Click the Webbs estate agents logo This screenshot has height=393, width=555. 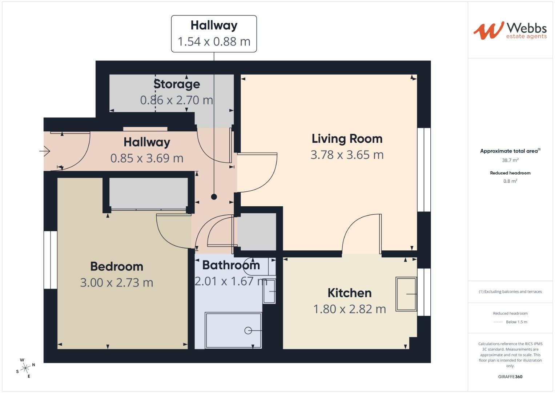[x=510, y=31]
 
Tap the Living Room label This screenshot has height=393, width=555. [x=347, y=139]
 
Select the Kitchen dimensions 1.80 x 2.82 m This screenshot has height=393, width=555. [x=349, y=309]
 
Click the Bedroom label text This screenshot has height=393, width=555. [x=117, y=266]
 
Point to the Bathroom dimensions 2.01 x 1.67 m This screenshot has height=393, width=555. [x=231, y=281]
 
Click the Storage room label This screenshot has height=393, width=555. [x=177, y=84]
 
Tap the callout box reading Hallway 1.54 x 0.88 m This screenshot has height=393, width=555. [x=214, y=34]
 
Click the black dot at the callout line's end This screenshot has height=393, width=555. [x=214, y=197]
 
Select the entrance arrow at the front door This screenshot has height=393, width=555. [x=45, y=151]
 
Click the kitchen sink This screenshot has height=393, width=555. [x=406, y=294]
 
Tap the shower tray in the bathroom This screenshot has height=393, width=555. [x=233, y=330]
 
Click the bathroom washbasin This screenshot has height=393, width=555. [x=269, y=291]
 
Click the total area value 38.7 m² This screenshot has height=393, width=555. [x=510, y=160]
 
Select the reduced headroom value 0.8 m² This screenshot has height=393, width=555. [x=510, y=181]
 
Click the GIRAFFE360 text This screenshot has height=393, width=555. [x=510, y=377]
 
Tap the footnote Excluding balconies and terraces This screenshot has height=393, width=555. [x=510, y=291]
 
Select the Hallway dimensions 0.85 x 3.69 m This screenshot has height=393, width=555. [x=146, y=158]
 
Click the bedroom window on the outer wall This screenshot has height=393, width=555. [x=51, y=260]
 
